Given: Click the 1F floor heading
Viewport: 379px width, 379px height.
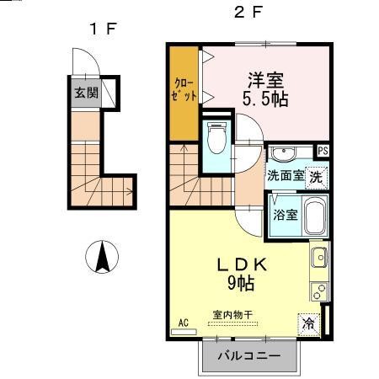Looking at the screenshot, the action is click(x=103, y=29).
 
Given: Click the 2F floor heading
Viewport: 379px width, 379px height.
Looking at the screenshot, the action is click(x=248, y=12).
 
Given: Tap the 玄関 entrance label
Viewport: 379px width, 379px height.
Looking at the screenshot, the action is click(x=86, y=93).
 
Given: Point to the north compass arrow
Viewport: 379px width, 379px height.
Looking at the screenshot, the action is click(x=102, y=257).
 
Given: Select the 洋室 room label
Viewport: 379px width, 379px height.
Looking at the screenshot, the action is click(x=265, y=81).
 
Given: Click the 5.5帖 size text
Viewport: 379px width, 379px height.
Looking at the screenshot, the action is click(x=265, y=99).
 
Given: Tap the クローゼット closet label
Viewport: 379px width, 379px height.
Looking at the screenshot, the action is click(x=184, y=90).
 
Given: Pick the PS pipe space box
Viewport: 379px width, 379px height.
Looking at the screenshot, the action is click(x=323, y=151).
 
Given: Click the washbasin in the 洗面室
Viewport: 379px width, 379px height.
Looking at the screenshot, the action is click(x=284, y=153).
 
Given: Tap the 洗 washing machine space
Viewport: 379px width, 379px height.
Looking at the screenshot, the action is click(x=317, y=178).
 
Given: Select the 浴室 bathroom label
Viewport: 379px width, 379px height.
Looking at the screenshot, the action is click(x=286, y=215).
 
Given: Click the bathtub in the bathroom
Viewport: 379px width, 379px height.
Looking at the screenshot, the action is click(x=315, y=216).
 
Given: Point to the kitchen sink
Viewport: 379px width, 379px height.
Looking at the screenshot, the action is click(x=319, y=257).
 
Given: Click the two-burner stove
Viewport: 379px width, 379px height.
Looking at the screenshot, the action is click(x=319, y=291).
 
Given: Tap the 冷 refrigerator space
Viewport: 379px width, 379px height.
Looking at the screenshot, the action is click(x=309, y=324).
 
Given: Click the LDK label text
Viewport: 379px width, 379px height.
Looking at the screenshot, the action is click(x=242, y=265).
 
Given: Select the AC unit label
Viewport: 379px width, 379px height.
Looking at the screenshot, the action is click(x=184, y=323).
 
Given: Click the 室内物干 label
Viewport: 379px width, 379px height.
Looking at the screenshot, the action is click(x=232, y=315).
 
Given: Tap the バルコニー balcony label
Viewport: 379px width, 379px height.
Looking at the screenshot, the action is click(x=249, y=356).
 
